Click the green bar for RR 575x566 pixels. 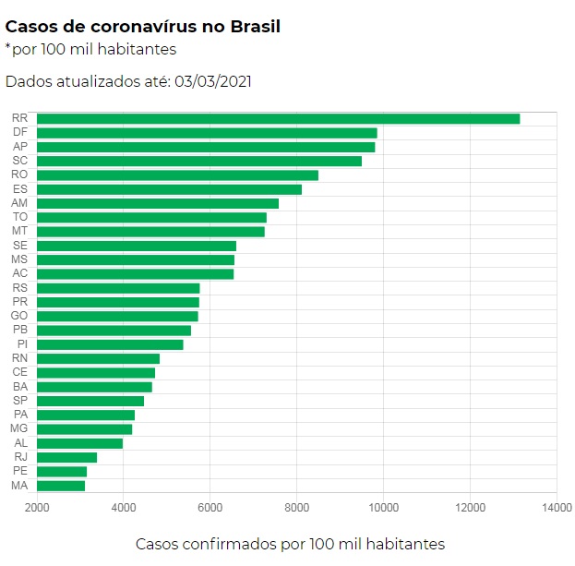pyautogui.click(x=277, y=118)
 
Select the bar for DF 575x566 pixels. pyautogui.click(x=207, y=133)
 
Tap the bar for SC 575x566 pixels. pyautogui.click(x=198, y=161)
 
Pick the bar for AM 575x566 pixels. pyautogui.click(x=157, y=203)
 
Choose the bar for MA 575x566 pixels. pyautogui.click(x=61, y=486)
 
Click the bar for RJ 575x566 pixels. pyautogui.click(x=66, y=457)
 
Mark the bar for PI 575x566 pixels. pyautogui.click(x=110, y=344)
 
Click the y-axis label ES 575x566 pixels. pyautogui.click(x=19, y=189)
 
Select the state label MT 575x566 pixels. pyautogui.click(x=19, y=231)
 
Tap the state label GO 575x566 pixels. pyautogui.click(x=19, y=316)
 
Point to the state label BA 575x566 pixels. pyautogui.click(x=19, y=387)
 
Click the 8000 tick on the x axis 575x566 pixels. pyautogui.click(x=296, y=507)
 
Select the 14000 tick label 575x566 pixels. pyautogui.click(x=557, y=507)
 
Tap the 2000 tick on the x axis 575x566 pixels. pyautogui.click(x=37, y=507)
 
